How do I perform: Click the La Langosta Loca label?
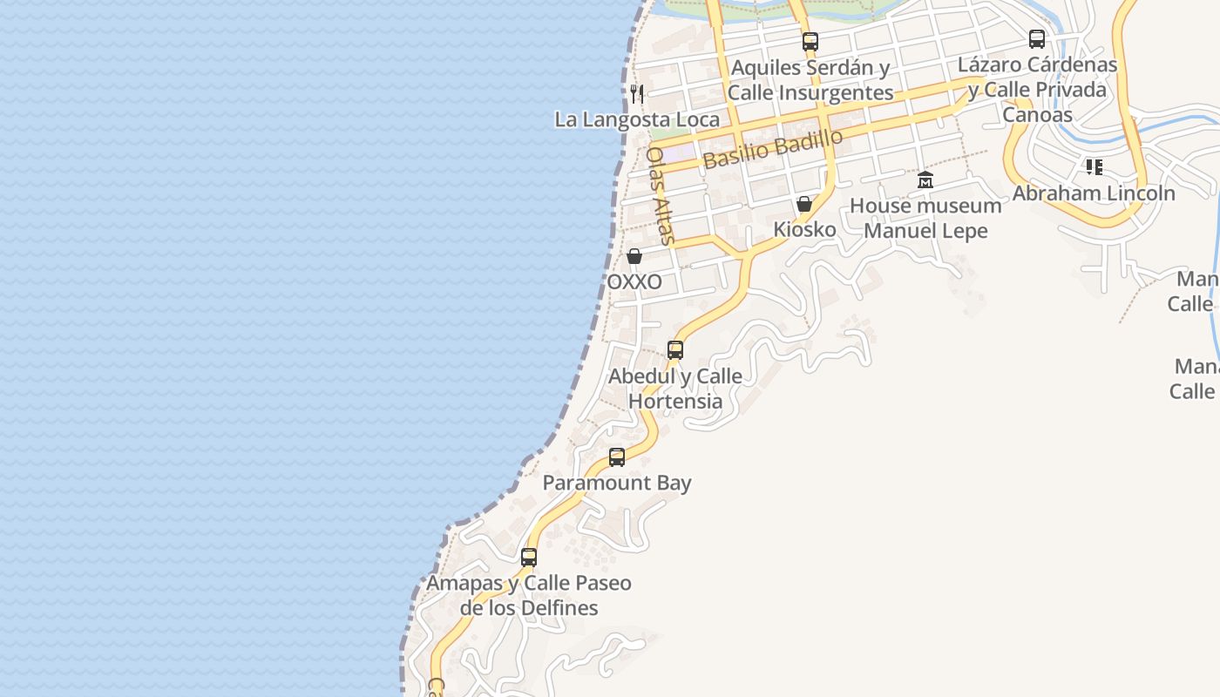637,119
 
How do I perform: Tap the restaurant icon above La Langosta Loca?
637,93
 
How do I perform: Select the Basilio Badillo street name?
773,149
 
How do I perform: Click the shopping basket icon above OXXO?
634,256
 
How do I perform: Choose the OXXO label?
634,282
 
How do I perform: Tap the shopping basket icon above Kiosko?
804,204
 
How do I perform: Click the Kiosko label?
804,230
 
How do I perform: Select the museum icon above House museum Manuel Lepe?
925,180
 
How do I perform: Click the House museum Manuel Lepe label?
925,219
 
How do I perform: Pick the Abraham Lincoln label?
1094,193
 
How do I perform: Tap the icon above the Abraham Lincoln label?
1094,166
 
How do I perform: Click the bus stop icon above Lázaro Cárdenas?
1036,39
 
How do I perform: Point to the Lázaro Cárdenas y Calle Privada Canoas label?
1037,90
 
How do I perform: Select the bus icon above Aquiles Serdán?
810,41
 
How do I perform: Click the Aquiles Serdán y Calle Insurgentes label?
810,80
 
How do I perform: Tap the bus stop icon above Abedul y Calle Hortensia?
675,350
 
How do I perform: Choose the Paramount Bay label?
617,483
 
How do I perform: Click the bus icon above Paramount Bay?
617,457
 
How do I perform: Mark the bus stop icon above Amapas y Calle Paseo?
529,557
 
